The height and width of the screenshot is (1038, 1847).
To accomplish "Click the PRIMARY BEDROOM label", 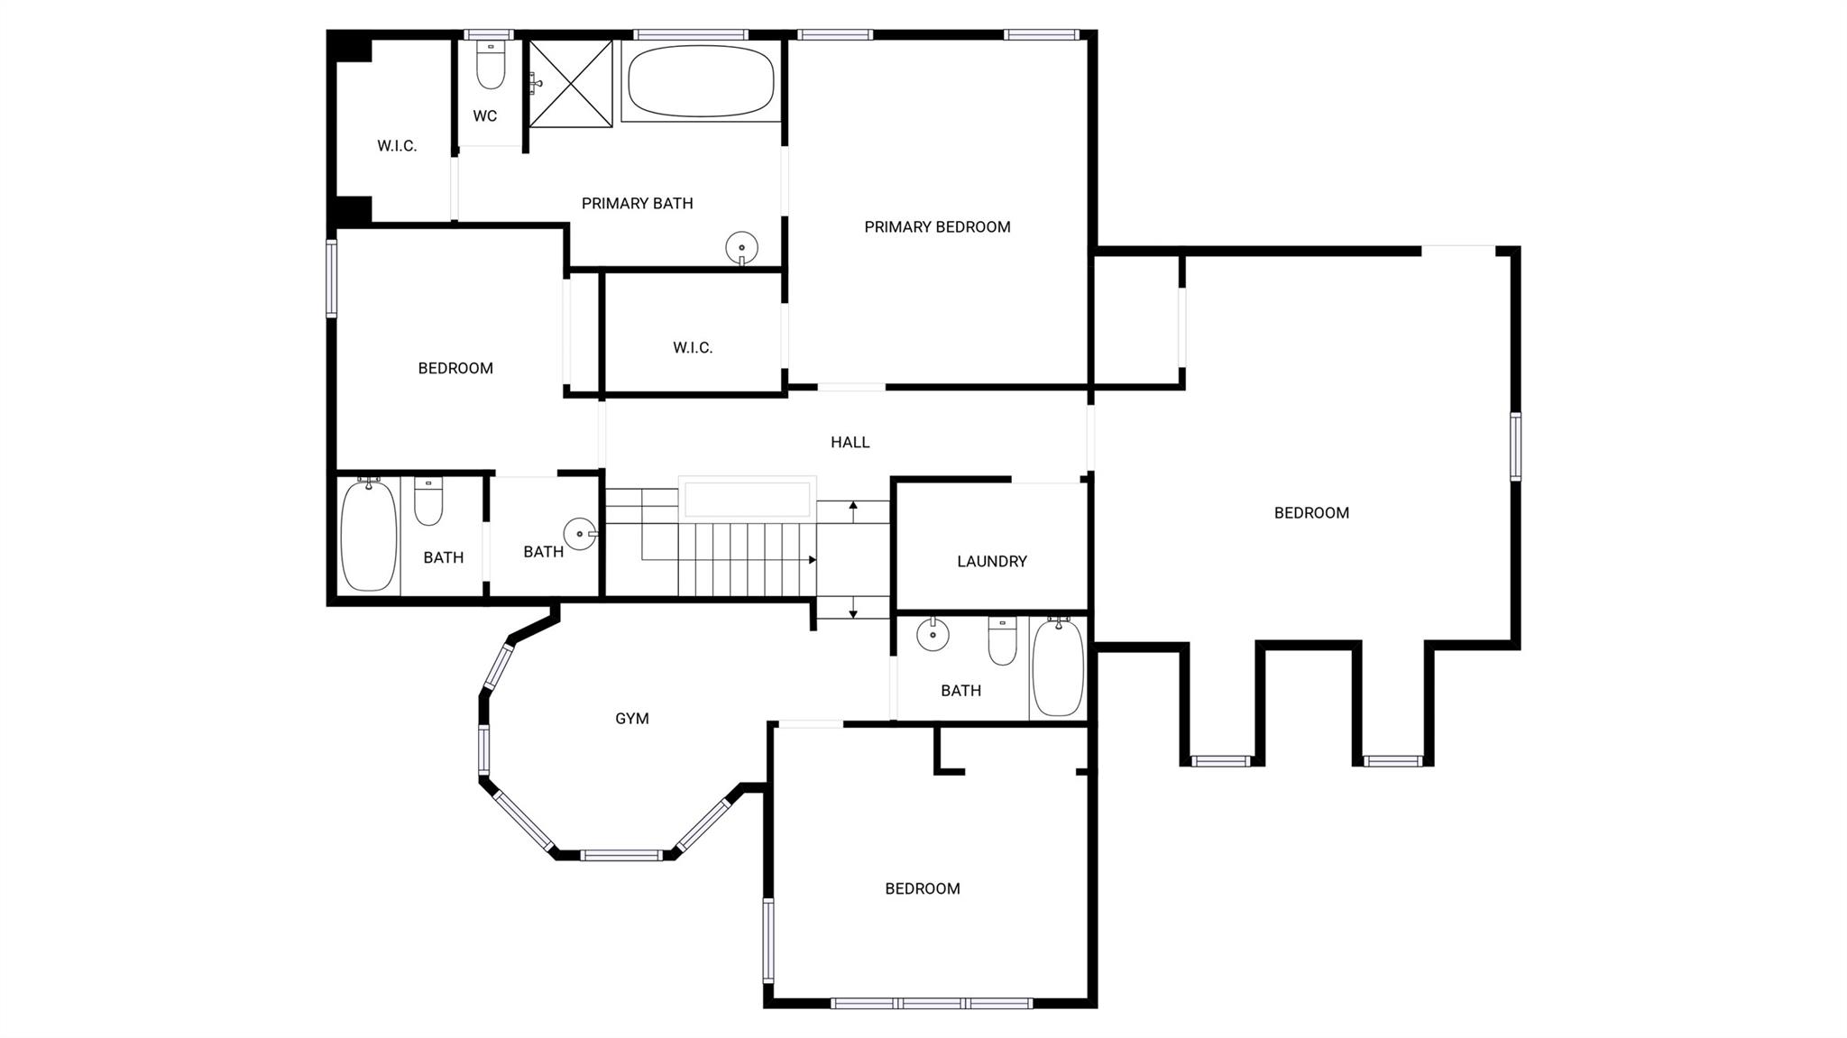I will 937,227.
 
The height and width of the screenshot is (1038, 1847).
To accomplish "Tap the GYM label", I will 632,719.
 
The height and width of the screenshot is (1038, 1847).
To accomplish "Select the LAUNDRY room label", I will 992,561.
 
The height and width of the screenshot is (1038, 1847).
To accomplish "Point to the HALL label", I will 850,442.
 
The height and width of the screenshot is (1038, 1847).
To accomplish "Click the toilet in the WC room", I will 491,66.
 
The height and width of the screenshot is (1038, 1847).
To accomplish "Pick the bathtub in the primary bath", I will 701,81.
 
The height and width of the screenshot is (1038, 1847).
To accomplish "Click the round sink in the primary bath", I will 742,247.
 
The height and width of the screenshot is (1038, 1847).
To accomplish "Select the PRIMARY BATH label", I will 637,204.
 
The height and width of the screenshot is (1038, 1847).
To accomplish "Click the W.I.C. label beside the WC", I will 397,146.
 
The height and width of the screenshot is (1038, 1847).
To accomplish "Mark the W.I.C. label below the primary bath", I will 693,347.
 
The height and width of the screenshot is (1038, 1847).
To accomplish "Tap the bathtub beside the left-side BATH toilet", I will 368,536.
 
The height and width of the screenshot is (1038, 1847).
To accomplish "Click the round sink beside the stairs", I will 579,534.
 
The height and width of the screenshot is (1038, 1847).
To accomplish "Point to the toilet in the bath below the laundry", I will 1002,641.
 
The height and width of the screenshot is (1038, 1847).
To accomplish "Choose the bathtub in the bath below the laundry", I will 1058,668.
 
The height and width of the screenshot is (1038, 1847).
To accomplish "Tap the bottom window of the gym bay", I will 621,855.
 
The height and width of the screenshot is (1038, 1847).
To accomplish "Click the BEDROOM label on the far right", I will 1311,513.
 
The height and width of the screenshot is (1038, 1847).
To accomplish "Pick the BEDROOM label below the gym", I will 922,889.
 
